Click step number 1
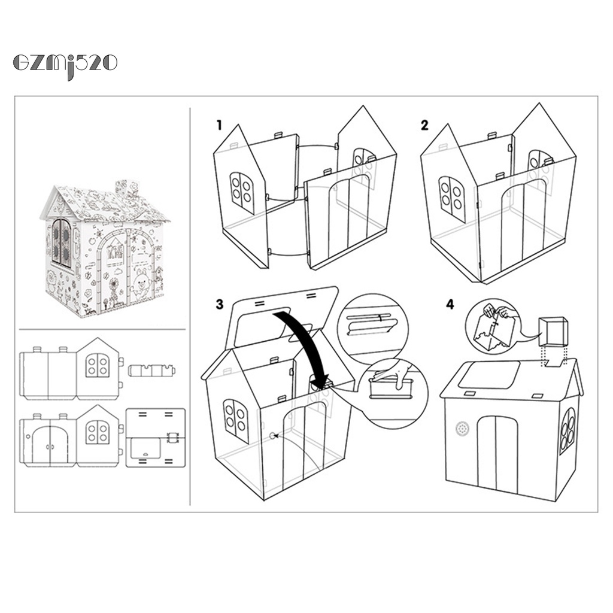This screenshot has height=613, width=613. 219,125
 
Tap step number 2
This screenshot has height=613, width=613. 424,125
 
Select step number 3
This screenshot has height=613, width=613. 220,304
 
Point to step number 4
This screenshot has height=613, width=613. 450,304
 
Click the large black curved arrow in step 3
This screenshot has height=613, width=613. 309,344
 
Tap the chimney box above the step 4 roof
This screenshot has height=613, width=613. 553,331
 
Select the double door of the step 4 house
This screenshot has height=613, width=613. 497,454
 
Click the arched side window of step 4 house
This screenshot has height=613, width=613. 568,431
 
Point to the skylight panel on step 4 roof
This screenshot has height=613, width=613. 488,375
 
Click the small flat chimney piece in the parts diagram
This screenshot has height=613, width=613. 151,370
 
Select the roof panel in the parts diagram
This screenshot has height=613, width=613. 156,438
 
